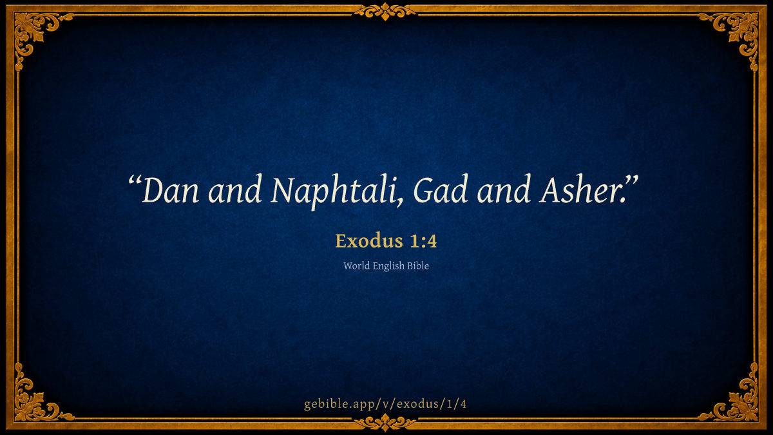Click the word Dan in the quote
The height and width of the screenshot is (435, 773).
coord(170,190)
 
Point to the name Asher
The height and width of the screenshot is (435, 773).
coord(582,189)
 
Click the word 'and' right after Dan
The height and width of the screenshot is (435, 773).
coord(234,189)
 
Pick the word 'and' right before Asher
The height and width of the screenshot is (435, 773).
coord(504,189)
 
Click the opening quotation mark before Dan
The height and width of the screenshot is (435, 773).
coord(135,182)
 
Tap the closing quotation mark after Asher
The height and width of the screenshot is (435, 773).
coord(631,182)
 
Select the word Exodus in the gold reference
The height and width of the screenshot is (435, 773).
coord(369,241)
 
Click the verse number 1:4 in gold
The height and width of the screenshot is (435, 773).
coord(423,241)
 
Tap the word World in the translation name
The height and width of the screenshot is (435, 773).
coord(356,266)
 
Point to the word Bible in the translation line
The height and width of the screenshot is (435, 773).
coord(418,266)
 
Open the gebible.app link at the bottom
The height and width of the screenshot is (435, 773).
coord(385,404)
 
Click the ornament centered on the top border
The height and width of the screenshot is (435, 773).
coord(385,12)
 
